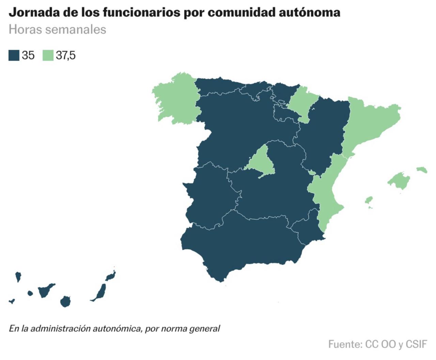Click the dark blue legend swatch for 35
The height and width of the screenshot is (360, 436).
pos(14,55)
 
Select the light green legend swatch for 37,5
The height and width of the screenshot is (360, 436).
pos(48,55)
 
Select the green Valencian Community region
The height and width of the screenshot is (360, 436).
pos(327,194)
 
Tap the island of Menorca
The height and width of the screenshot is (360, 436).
pos(422,169)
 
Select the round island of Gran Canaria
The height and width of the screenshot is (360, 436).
pos(65,301)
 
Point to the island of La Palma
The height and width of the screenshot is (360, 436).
pos(18,276)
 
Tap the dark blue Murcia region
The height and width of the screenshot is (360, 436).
pos(307,228)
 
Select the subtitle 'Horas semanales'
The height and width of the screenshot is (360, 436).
pos(57,29)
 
